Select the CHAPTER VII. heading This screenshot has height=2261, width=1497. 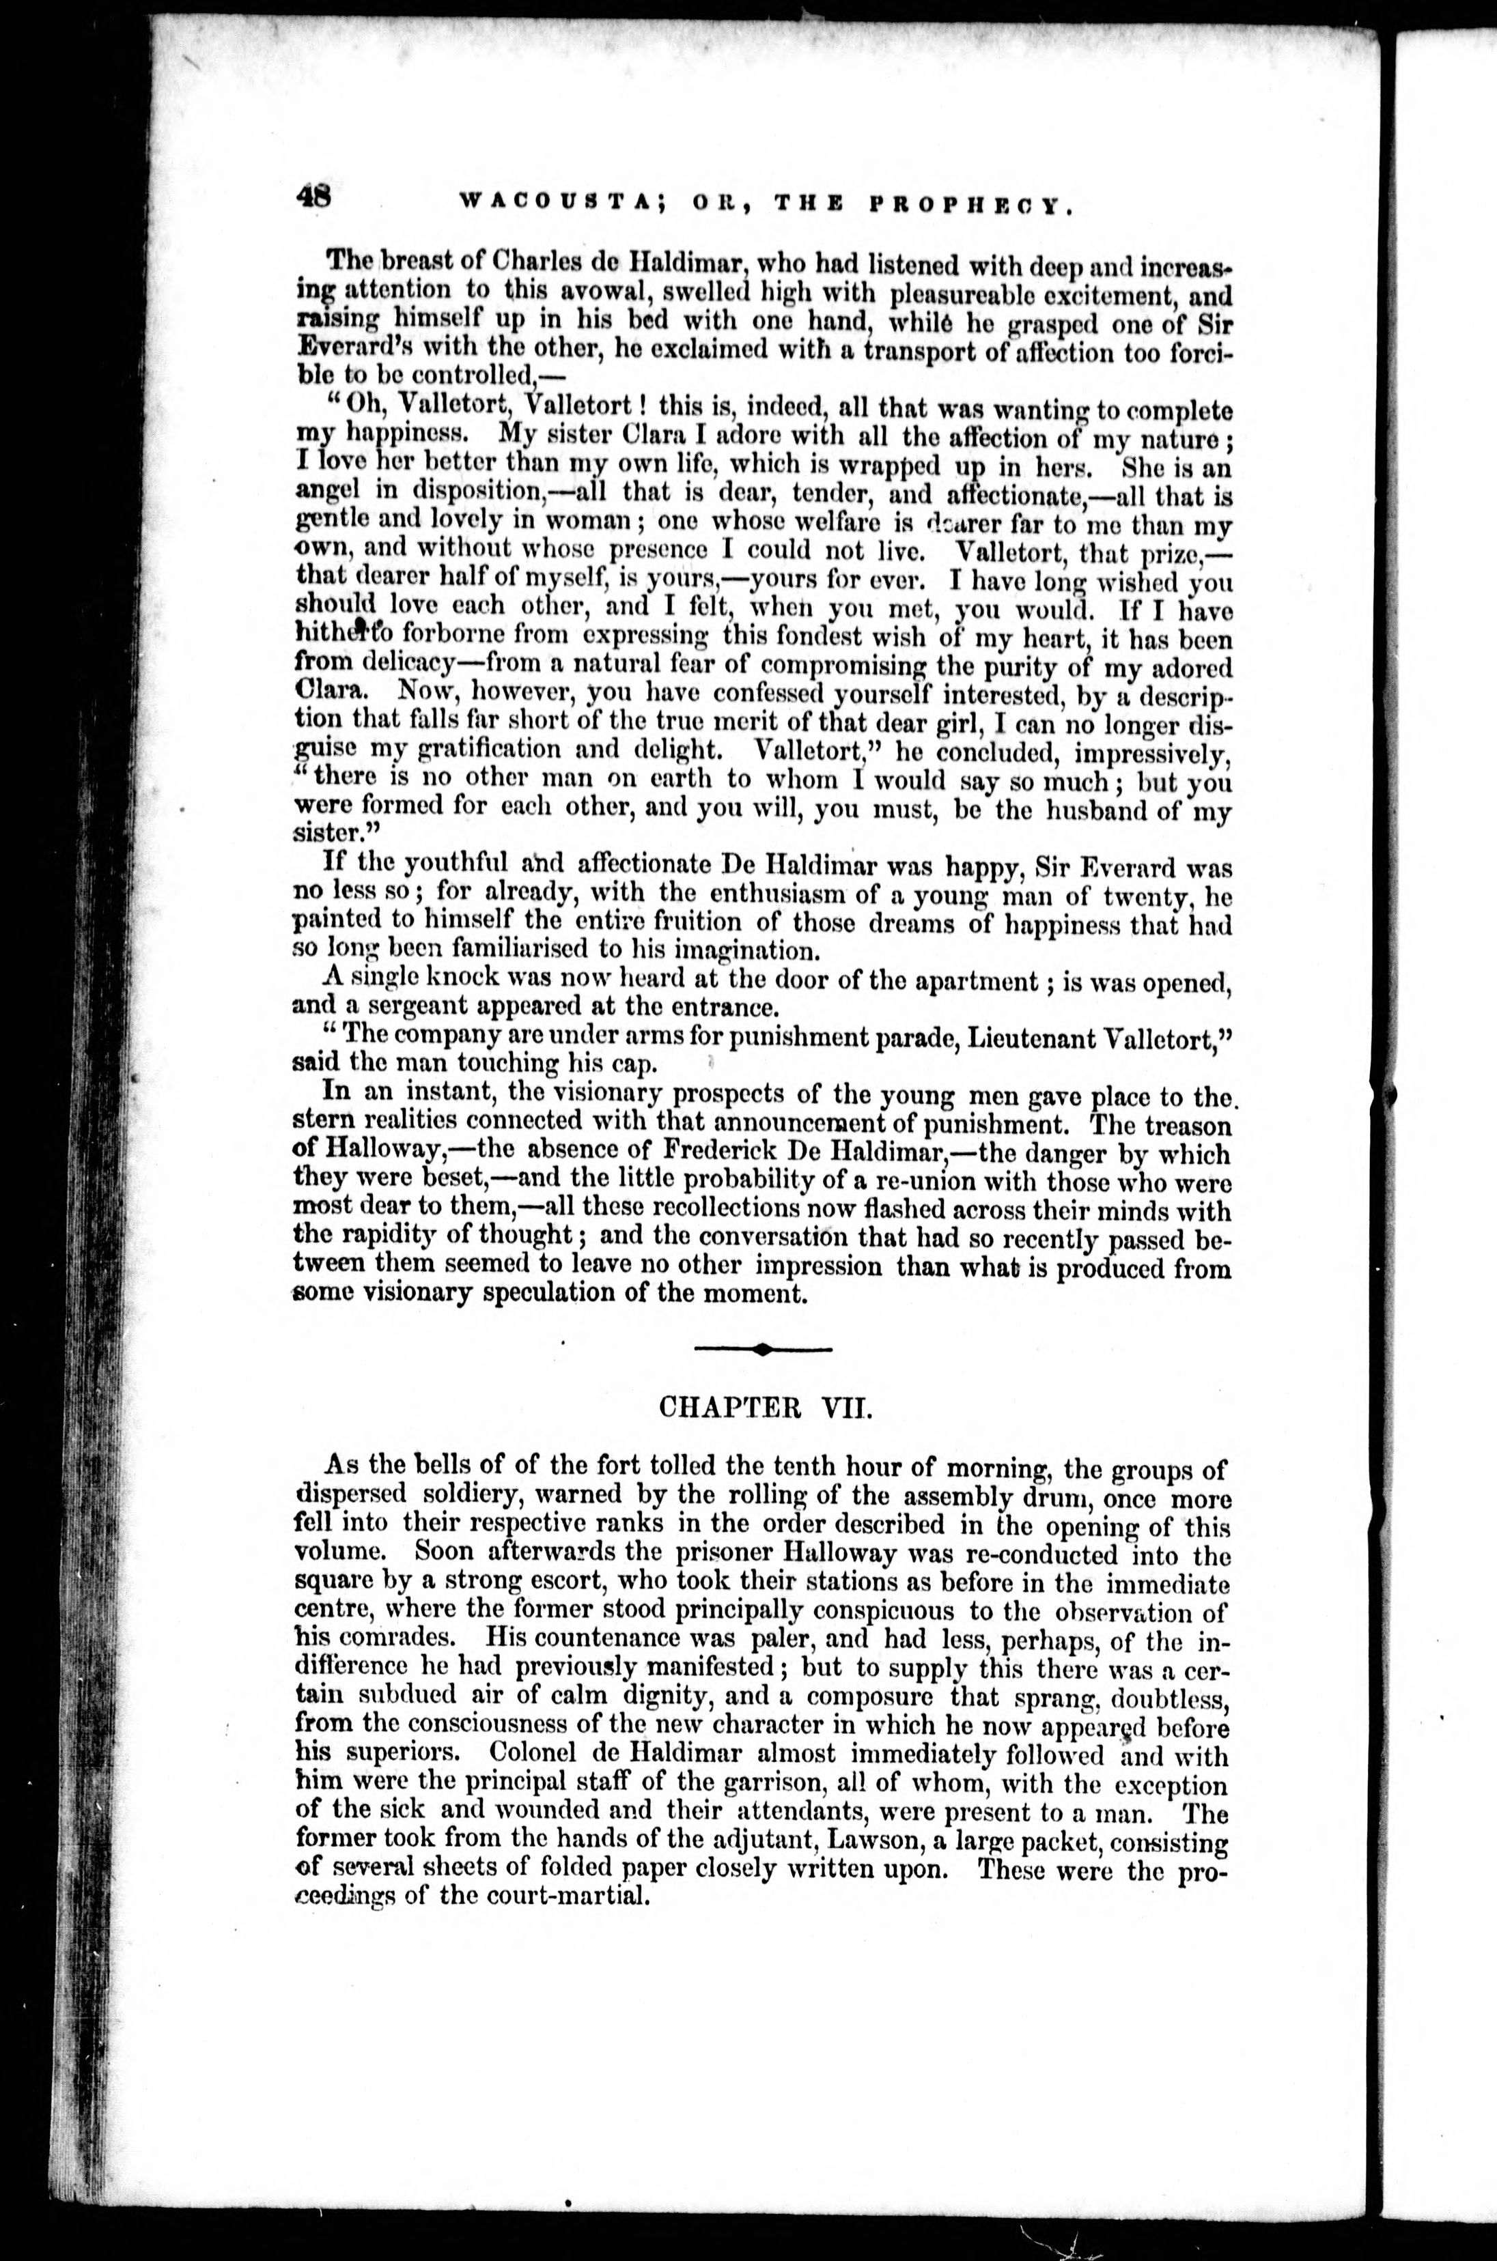tap(765, 1408)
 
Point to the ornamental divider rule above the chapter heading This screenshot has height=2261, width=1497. tap(763, 1348)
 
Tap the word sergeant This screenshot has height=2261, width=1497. tap(399, 1008)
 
